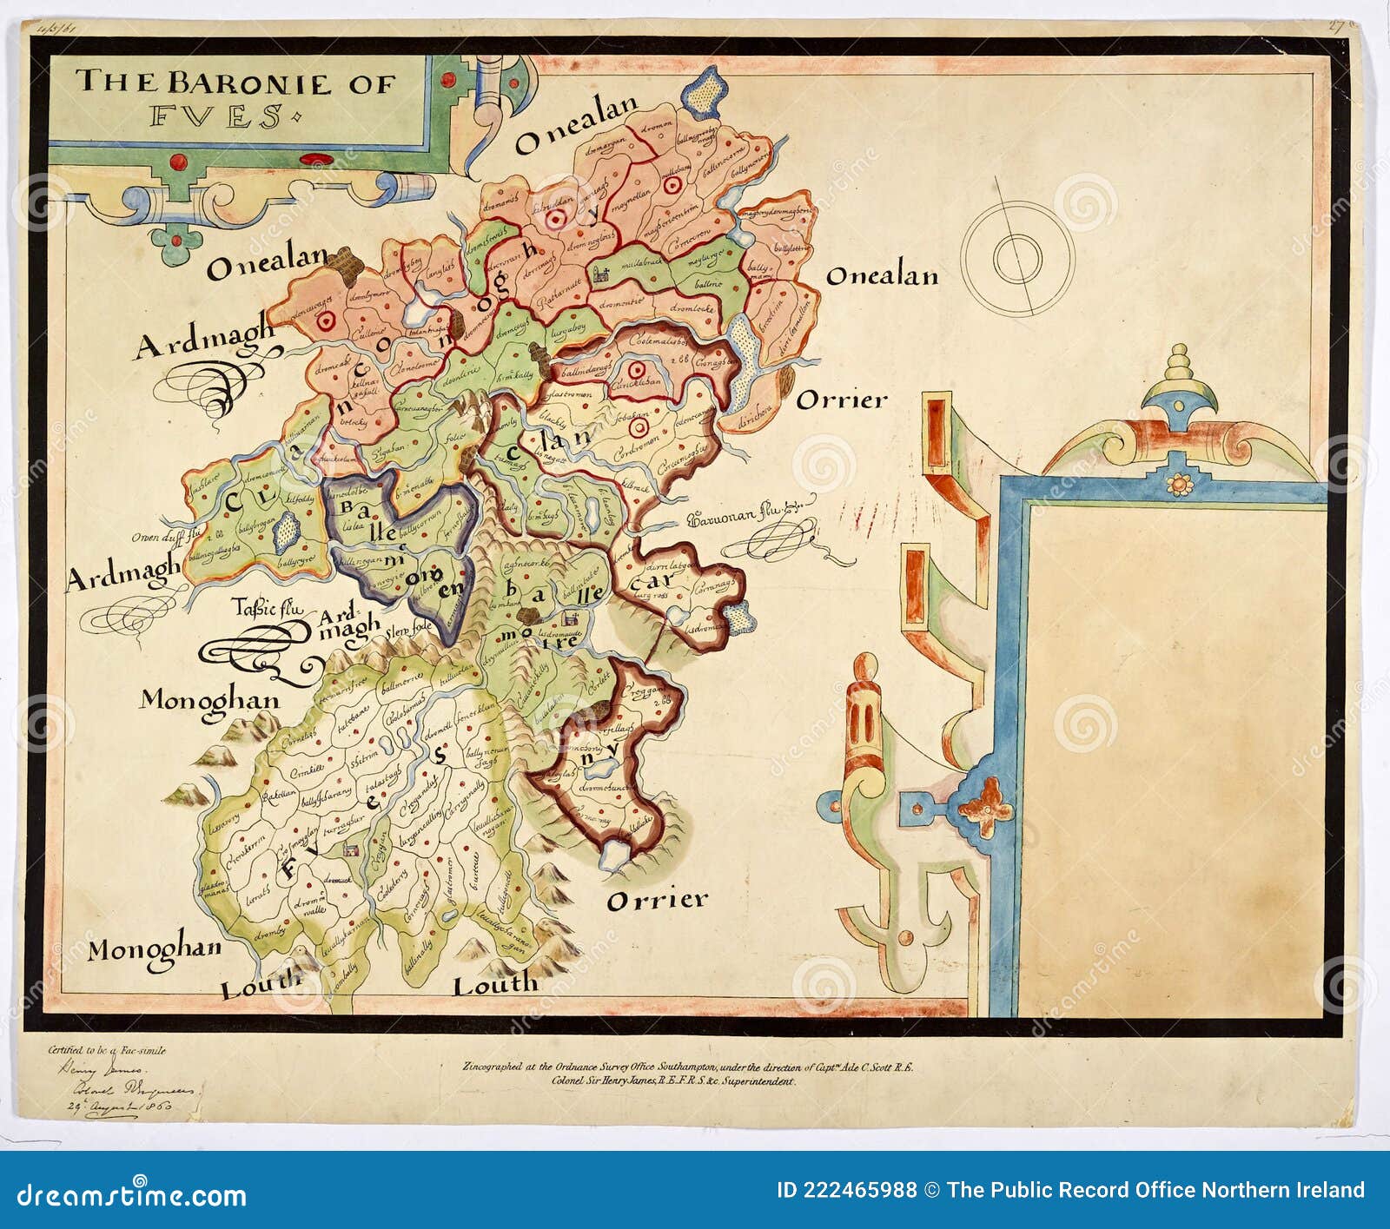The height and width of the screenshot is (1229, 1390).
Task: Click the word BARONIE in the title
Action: (x=248, y=83)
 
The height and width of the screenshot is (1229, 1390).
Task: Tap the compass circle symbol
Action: (x=1017, y=258)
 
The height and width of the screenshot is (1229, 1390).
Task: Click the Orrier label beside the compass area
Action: (x=842, y=400)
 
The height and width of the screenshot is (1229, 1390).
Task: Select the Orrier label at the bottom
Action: (x=657, y=900)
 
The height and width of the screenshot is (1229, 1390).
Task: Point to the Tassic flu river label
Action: (x=267, y=609)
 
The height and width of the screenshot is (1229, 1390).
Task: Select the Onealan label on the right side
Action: (x=881, y=276)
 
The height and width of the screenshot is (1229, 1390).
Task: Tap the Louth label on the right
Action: (x=495, y=985)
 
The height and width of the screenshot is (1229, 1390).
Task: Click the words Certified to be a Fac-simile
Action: (x=106, y=1050)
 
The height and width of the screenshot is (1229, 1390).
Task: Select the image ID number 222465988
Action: (x=846, y=1191)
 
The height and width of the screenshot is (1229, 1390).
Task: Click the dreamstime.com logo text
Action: (x=131, y=1194)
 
